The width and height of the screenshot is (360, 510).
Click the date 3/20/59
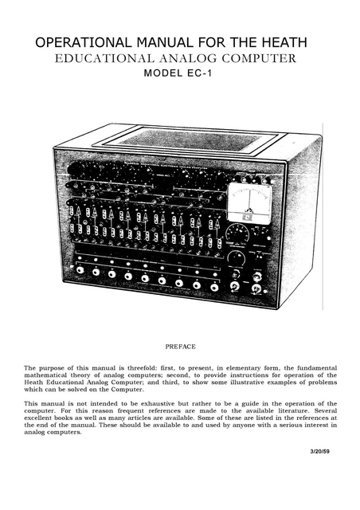[322, 453]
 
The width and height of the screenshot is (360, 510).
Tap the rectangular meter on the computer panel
[250, 202]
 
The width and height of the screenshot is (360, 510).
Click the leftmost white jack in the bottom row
[80, 271]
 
